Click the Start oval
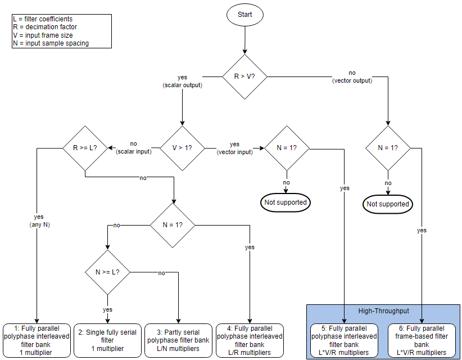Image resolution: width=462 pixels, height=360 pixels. point(244,14)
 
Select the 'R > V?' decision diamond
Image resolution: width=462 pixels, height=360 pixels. point(244,76)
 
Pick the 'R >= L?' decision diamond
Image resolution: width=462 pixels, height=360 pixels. point(85,148)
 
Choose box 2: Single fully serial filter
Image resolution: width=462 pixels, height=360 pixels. point(107,340)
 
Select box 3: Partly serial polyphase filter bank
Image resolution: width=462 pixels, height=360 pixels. point(178,340)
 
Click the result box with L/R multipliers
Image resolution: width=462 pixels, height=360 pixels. point(250,340)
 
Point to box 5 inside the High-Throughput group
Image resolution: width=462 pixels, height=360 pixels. point(344,340)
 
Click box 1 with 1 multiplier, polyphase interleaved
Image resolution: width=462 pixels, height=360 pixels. point(37,340)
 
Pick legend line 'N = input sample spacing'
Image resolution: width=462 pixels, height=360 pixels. point(50,43)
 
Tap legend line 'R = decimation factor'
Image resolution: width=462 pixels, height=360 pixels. point(44,27)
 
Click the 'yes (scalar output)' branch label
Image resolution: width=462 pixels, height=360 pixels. point(182,81)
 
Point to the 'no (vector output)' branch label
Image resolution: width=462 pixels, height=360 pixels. point(352,76)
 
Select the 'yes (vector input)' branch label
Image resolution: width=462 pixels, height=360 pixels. point(234,147)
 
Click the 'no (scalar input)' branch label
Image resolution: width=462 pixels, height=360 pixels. point(133,147)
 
